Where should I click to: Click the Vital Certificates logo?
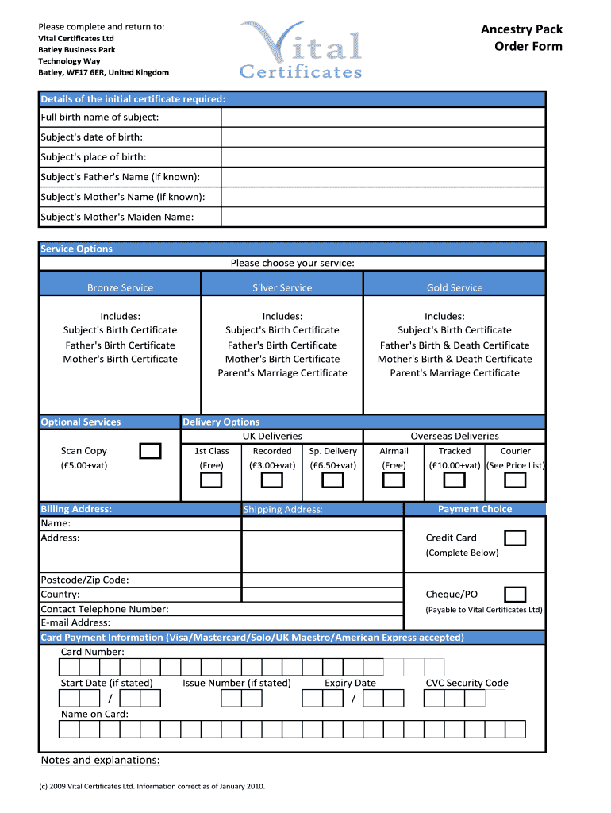tap(302, 50)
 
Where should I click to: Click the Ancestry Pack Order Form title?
tap(521, 37)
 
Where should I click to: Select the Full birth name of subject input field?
tap(383, 118)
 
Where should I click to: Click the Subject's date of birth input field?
tap(383, 137)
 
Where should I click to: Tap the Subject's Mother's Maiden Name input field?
tap(383, 217)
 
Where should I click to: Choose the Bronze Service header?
tap(120, 287)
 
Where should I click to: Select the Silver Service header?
tap(282, 287)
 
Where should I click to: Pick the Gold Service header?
tap(454, 287)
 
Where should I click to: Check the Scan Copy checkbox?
tap(150, 452)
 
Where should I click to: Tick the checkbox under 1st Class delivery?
tap(211, 480)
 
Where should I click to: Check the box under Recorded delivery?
tap(272, 480)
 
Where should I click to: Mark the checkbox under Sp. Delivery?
tap(332, 480)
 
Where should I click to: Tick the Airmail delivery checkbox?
tap(394, 480)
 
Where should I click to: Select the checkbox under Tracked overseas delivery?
tap(454, 480)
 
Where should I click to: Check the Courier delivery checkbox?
tap(515, 480)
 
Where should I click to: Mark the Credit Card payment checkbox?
tap(515, 538)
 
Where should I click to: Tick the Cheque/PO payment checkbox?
tap(515, 595)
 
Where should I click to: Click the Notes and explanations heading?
tap(100, 761)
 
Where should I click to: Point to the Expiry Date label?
tap(350, 683)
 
